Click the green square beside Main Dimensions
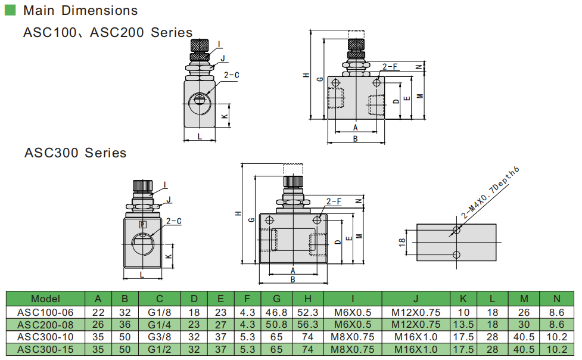point(10,10)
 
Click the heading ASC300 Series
point(75,153)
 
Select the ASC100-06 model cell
point(45,312)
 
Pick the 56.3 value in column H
point(307,324)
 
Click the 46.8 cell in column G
point(276,312)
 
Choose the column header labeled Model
point(45,299)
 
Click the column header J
point(416,299)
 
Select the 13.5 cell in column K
point(463,324)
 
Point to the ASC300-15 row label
point(45,349)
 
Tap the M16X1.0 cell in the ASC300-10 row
point(416,337)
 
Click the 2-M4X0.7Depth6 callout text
point(490,192)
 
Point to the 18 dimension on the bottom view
point(402,241)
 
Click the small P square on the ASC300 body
point(142,224)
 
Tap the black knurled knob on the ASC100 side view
point(199,45)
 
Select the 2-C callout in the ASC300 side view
point(173,221)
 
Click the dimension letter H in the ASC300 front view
point(238,213)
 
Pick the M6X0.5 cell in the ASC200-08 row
point(352,324)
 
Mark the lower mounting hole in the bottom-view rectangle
point(456,255)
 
